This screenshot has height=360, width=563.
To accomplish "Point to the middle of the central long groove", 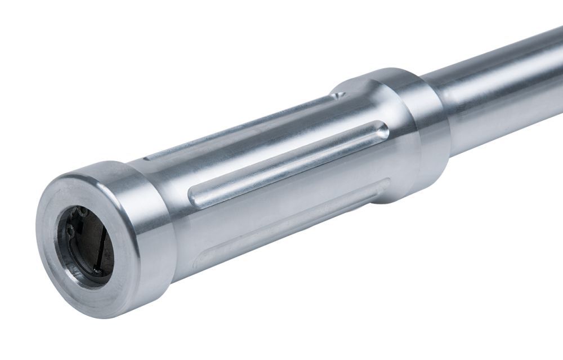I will point(287,164).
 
